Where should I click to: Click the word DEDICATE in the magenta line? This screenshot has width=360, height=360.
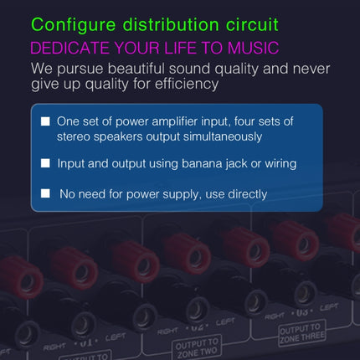click(69, 48)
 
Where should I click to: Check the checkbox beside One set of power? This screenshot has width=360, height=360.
click(45, 122)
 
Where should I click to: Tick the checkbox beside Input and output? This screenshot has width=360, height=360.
click(45, 164)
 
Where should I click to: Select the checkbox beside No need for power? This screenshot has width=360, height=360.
click(45, 194)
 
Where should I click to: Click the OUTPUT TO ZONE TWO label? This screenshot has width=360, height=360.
click(198, 347)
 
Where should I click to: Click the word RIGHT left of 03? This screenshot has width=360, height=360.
click(277, 316)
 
